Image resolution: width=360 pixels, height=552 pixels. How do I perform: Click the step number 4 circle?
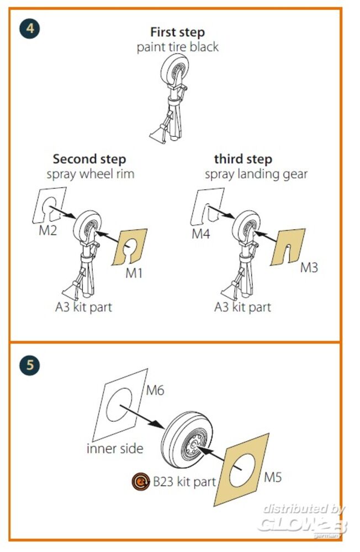[30, 28]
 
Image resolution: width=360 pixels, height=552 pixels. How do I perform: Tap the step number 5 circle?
[30, 365]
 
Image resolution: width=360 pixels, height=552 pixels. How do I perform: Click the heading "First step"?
[177, 33]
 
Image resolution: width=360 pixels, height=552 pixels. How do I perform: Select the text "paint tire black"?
[178, 47]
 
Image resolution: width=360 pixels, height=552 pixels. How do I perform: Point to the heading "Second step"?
[89, 159]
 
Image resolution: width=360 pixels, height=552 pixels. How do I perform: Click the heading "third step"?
[243, 159]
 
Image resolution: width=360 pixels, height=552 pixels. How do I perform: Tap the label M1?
[134, 273]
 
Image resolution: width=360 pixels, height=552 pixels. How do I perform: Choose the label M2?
[47, 231]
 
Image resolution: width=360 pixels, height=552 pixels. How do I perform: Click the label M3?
[309, 268]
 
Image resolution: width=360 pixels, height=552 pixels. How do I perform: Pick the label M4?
[201, 233]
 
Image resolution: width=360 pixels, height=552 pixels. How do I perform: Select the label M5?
[273, 477]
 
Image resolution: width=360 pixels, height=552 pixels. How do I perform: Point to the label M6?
[155, 390]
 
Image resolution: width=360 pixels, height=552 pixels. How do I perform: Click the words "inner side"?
[115, 448]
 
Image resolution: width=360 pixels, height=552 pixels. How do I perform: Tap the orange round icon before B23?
[141, 481]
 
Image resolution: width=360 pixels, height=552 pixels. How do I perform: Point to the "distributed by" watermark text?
[304, 509]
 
